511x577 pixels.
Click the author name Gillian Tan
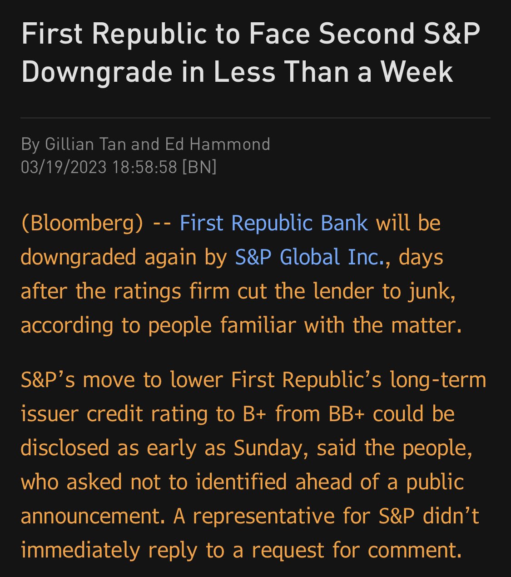tap(86, 144)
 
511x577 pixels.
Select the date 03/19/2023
tap(64, 167)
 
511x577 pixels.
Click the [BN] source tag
tap(199, 167)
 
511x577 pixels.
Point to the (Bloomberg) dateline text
tap(82, 223)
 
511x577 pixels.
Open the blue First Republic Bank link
tap(273, 223)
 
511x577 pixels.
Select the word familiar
tap(258, 325)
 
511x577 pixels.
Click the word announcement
tap(92, 516)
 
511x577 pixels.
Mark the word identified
tap(241, 482)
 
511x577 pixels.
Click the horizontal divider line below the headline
tap(255, 118)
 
